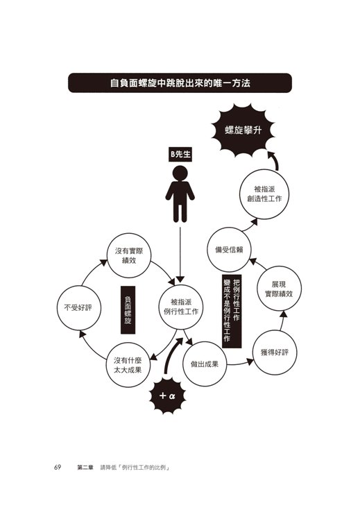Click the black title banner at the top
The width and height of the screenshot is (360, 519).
(180, 83)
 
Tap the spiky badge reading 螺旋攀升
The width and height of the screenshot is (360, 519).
(243, 130)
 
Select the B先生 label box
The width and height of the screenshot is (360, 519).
(180, 154)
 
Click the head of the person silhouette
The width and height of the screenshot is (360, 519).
(180, 173)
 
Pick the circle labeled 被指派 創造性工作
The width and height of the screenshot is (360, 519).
(264, 194)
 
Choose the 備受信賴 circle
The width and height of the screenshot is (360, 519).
(229, 250)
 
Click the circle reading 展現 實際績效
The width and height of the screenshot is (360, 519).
(280, 289)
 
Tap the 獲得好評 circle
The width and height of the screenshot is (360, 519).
(275, 352)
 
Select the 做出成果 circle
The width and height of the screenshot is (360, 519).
(205, 364)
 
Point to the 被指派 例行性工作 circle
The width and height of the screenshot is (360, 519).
(180, 307)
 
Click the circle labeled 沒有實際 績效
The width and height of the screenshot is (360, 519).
(129, 255)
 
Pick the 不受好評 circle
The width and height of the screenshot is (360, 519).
(79, 308)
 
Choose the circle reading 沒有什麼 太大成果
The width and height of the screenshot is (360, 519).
(128, 365)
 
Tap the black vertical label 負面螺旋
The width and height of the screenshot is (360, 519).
(128, 310)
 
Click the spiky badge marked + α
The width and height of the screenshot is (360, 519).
(167, 395)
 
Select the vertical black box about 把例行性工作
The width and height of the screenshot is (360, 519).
(232, 311)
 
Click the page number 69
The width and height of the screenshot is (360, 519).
(58, 468)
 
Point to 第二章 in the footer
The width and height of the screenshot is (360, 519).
(85, 468)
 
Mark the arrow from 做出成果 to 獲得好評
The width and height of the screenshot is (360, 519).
(239, 364)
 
